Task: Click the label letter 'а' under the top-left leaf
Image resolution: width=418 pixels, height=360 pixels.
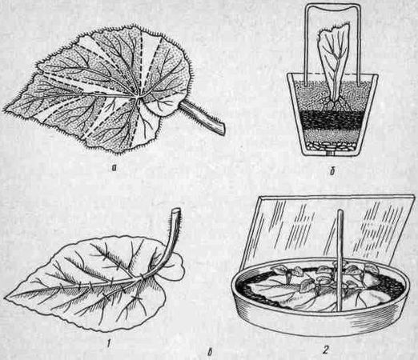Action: click(115, 168)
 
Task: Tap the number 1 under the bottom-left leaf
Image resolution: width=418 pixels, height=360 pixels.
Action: click(108, 345)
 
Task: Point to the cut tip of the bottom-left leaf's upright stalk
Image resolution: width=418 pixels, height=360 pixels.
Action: click(175, 211)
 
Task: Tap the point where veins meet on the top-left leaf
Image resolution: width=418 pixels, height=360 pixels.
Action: click(138, 98)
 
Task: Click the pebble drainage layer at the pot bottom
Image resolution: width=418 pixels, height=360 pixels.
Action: click(331, 146)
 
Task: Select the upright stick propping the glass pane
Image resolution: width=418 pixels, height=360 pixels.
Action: click(339, 260)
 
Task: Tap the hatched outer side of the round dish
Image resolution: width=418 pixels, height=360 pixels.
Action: click(318, 322)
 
